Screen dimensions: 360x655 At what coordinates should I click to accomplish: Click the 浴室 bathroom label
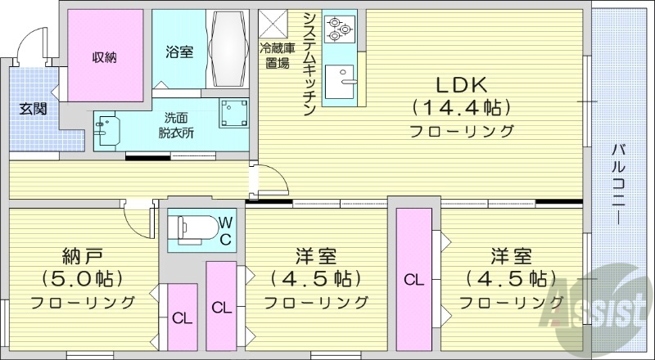[178, 52]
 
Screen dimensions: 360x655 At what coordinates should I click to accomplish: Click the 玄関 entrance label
[34, 107]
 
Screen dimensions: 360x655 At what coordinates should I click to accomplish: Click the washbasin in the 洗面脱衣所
[106, 130]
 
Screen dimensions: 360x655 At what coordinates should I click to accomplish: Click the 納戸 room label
[84, 254]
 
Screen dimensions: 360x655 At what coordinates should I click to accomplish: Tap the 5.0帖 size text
[83, 277]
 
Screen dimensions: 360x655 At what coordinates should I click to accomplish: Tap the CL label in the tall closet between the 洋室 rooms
[414, 280]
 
